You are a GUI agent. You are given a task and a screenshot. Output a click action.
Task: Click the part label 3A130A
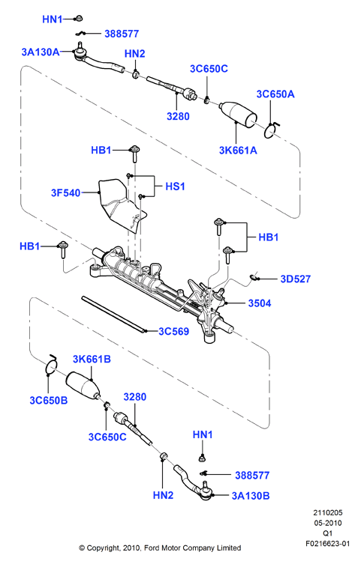pos(41,52)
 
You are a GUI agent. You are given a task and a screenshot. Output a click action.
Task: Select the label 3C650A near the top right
pos(275,94)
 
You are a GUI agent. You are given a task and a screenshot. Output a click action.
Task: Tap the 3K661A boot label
pos(238,151)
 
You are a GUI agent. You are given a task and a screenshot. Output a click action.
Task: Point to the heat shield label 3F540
pos(65,192)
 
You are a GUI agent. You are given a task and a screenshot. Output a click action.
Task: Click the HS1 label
pos(175,187)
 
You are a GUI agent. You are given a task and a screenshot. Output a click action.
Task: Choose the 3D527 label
pos(296,279)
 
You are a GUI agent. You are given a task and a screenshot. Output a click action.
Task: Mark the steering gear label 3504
pos(260,303)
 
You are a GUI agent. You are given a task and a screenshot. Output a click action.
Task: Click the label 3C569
pos(173,331)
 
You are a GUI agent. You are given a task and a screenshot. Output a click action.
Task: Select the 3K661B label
pos(92,359)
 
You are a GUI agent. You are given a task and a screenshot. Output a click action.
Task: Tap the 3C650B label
pos(48,400)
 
